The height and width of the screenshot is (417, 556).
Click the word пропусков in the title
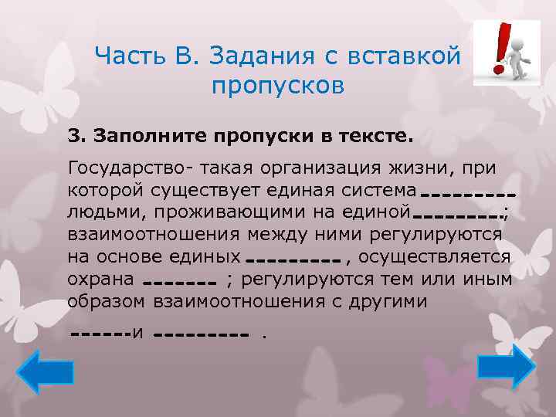coord(276,85)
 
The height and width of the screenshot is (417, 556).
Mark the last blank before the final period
coord(200,336)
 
